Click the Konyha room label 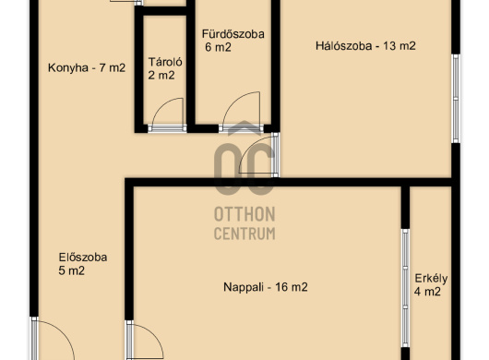(x=87, y=67)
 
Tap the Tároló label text (x=165, y=62)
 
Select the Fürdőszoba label (x=233, y=33)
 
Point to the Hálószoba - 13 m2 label (x=365, y=46)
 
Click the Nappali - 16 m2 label (x=266, y=287)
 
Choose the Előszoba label (x=83, y=257)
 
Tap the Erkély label (x=431, y=278)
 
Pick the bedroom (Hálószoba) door (x=259, y=155)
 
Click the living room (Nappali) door (x=144, y=341)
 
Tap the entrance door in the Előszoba (x=53, y=340)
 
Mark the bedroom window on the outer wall (x=456, y=99)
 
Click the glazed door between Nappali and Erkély (x=405, y=288)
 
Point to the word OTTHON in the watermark (x=244, y=214)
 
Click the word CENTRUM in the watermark (x=244, y=234)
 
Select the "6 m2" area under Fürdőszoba (x=219, y=47)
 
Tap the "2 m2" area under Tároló (x=161, y=75)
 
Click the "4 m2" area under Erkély (x=427, y=292)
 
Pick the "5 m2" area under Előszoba (x=71, y=270)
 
